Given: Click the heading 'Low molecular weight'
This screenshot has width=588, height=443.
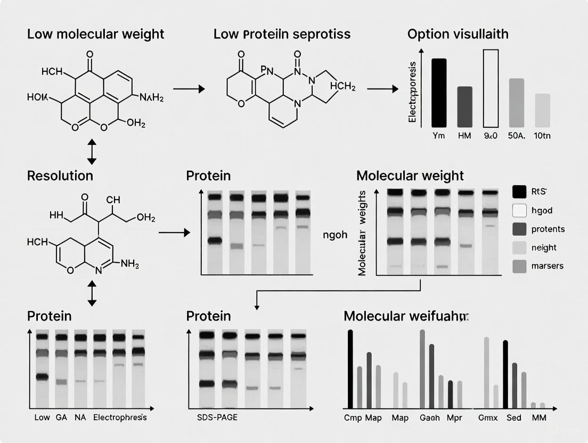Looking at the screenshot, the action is click(96, 34).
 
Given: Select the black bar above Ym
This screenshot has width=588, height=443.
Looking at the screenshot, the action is click(439, 93).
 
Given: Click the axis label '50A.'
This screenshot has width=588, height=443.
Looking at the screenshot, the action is click(517, 136).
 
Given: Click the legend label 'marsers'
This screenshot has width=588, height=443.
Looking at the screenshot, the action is click(548, 265).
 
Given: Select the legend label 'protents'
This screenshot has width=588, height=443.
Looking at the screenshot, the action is click(548, 229).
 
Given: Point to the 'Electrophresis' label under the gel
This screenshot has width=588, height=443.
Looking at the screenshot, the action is click(120, 417).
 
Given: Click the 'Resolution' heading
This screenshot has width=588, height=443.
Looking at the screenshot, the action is click(60, 176).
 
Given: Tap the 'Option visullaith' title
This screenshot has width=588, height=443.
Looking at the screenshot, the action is click(458, 34).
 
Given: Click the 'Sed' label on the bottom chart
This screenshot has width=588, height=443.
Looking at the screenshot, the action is click(514, 418).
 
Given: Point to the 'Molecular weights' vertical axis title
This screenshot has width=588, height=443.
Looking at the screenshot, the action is click(363, 233).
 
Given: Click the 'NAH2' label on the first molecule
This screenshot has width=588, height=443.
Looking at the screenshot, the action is click(151, 97).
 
